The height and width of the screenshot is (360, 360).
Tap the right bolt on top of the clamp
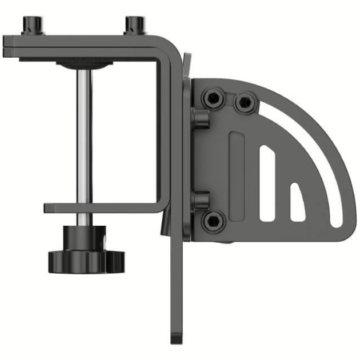pyautogui.click(x=135, y=25)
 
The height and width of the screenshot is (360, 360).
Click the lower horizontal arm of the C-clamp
pyautogui.click(x=103, y=207)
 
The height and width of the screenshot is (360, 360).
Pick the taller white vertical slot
pyautogui.click(x=267, y=183)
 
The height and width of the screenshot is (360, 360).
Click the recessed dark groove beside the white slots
pyautogui.click(x=236, y=177)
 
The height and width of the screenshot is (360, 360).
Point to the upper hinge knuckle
pyautogui.click(x=199, y=119)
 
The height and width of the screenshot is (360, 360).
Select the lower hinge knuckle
pyautogui.click(x=199, y=200)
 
